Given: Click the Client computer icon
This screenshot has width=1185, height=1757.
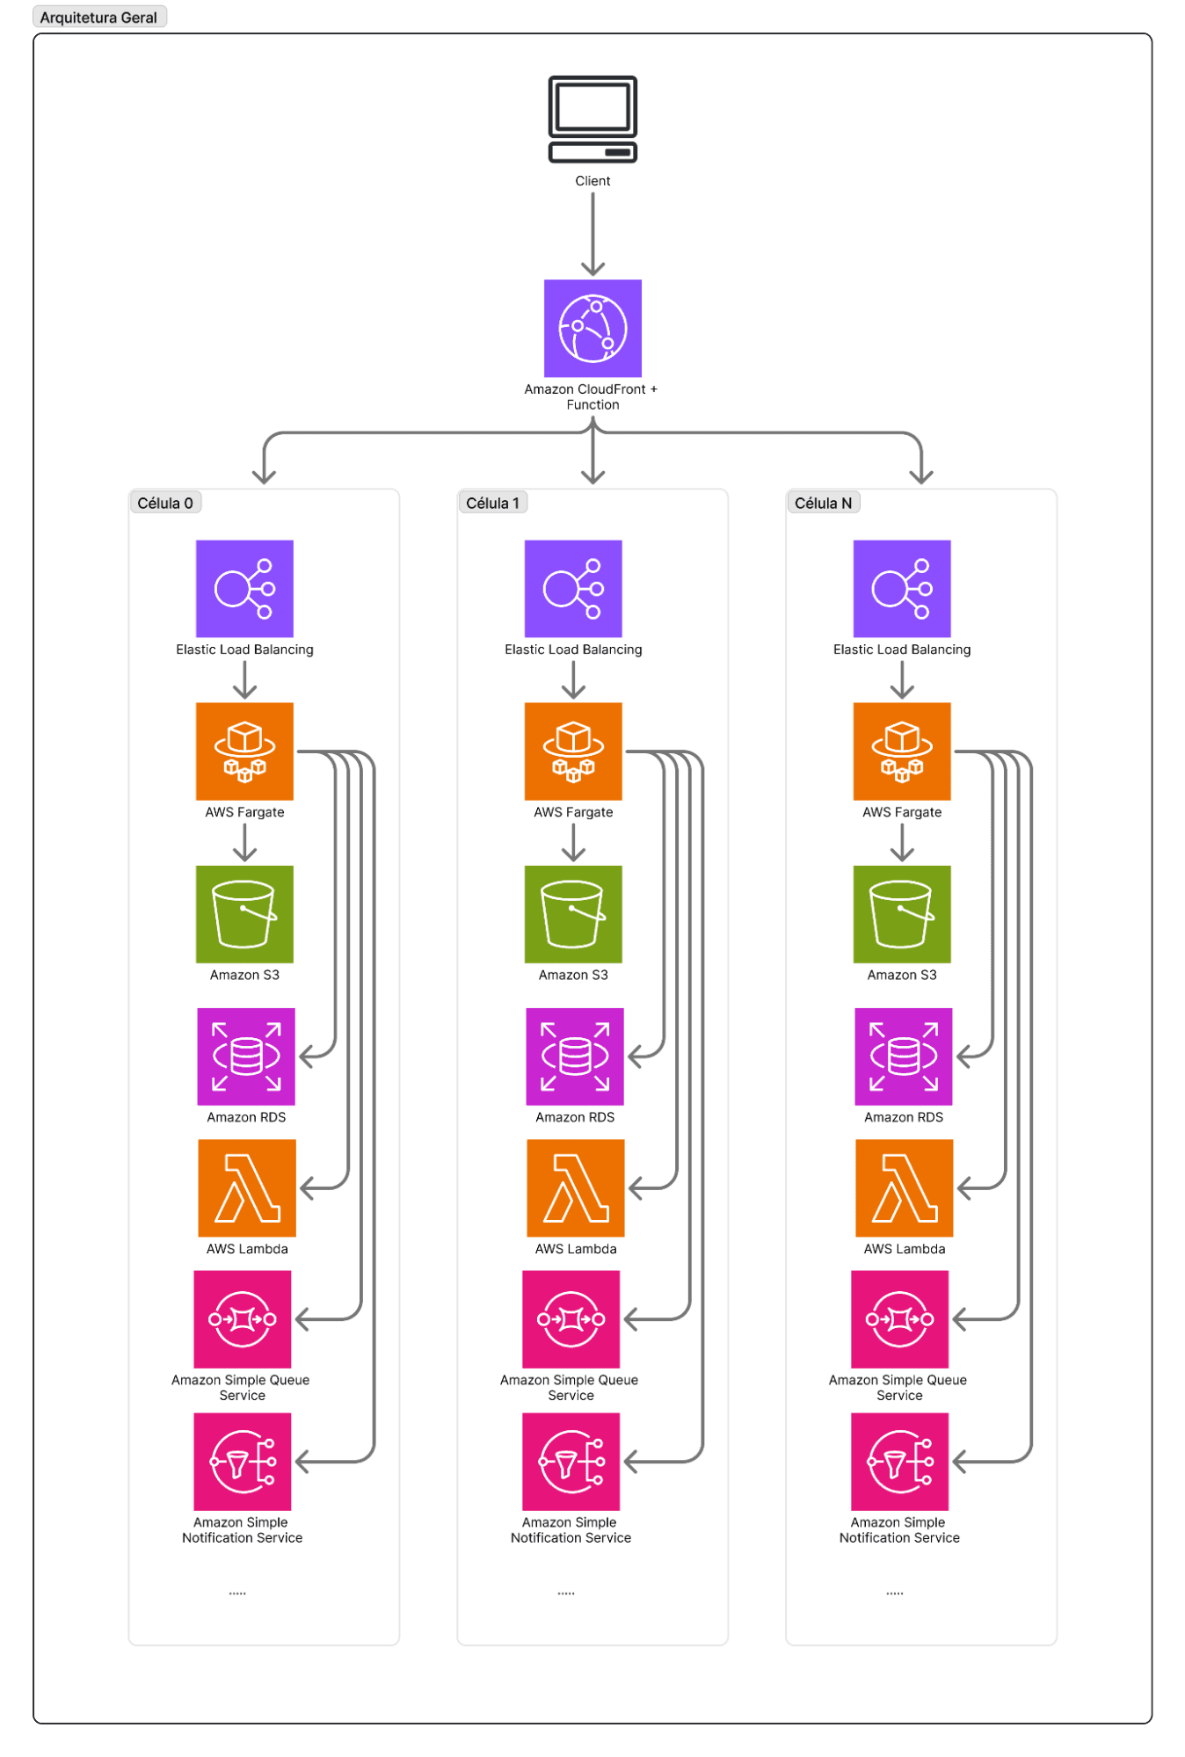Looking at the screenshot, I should pos(592,119).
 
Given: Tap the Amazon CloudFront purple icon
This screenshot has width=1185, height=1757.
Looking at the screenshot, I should pos(592,328).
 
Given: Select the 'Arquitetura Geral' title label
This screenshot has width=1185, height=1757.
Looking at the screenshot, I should pos(98,18).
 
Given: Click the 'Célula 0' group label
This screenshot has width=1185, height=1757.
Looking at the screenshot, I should pos(165,503).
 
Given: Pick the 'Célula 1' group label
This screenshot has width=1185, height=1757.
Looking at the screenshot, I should pos(492,503).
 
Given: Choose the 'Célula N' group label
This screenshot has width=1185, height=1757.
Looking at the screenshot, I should pos(823,503).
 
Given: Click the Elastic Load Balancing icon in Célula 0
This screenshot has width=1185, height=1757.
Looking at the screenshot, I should pos(244,588).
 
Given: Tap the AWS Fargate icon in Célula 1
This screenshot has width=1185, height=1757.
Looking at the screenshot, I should pos(573,751).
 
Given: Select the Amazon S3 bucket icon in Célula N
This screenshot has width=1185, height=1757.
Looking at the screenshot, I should pos(902,914).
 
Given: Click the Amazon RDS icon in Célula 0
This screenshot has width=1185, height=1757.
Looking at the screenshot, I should pos(246,1056).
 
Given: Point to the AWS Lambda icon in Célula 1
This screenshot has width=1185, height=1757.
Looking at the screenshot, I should pos(576,1187).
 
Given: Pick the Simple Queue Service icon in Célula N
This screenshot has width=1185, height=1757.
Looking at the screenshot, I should pos(899,1318).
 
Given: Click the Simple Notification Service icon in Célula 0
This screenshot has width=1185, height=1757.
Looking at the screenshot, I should pos(242,1461).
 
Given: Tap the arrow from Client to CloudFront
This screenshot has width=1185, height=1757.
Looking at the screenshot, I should pos(592,233).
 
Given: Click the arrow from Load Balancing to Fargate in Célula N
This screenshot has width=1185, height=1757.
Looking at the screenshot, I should pos(902,679).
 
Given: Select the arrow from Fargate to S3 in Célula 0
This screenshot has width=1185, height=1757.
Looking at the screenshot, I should pos(244,842).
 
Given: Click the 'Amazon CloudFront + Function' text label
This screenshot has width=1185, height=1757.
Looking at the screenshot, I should pos(592,396).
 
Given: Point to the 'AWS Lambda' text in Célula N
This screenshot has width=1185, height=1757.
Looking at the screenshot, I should pos(904,1249).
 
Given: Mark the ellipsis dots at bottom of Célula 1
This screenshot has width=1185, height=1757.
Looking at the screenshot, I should pos(566,1593).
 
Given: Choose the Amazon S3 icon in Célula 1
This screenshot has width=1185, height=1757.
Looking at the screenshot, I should pos(573,914).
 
